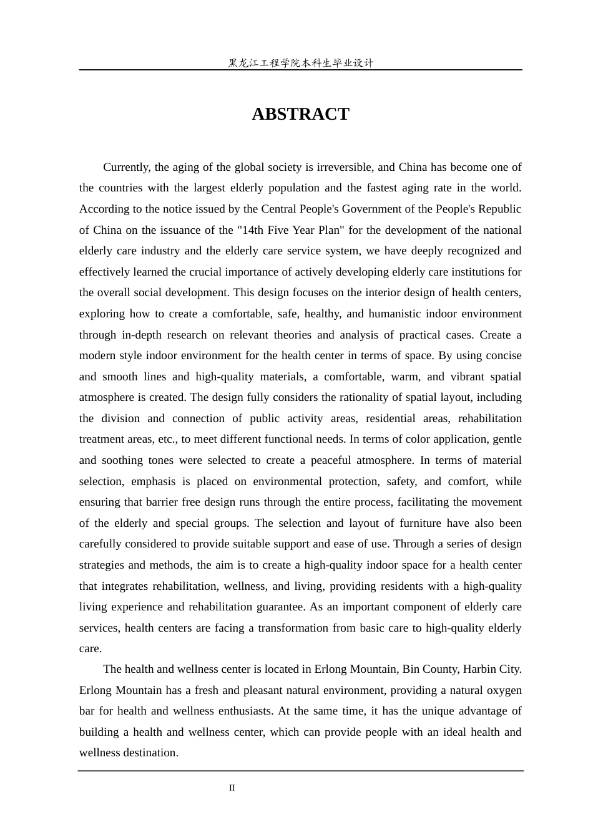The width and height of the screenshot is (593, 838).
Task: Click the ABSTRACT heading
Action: [300, 114]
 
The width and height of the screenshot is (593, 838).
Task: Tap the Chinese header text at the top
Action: [300, 63]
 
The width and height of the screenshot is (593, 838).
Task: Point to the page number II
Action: [232, 788]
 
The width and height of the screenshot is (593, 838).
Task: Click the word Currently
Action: [127, 167]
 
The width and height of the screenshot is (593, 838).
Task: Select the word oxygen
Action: [503, 690]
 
